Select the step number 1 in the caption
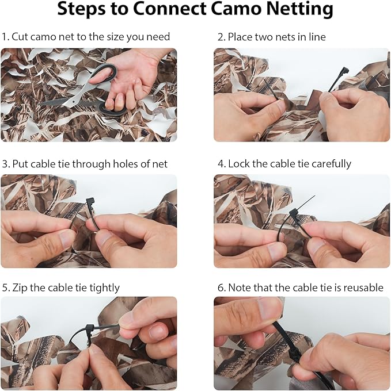[x=4, y=37]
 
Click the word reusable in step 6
[x=362, y=287]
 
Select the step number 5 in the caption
[x=4, y=287]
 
